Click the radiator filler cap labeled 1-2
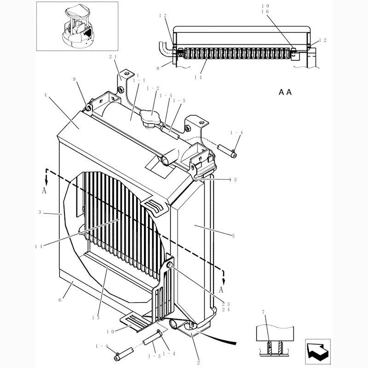pyautogui.click(x=150, y=119)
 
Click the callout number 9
pyautogui.click(x=75, y=79)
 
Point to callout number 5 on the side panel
pyautogui.click(x=234, y=236)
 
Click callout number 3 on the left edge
pyautogui.click(x=40, y=213)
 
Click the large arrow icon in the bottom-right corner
pyautogui.click(x=319, y=350)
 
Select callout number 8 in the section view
pyautogui.click(x=158, y=68)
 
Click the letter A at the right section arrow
pyautogui.click(x=221, y=289)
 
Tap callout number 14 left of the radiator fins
pyautogui.click(x=39, y=246)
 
